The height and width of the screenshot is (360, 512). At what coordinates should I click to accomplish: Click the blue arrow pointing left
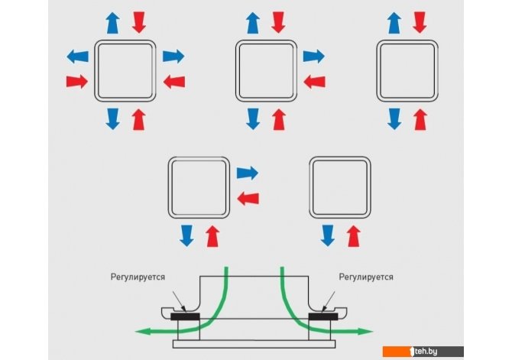pos(77,56)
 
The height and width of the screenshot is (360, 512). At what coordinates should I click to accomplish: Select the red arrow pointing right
pos(77,81)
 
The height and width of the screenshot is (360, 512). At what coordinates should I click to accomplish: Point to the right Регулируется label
pos(366,277)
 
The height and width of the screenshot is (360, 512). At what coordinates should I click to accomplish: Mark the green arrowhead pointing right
pos(367,332)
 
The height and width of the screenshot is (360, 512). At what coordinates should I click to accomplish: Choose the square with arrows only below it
pos(339,187)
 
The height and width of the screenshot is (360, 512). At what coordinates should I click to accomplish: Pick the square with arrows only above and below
pos(407,70)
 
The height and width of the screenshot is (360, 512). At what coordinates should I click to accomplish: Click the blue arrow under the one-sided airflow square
pos(326,234)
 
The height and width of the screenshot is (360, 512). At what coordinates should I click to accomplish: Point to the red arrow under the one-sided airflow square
pos(352,234)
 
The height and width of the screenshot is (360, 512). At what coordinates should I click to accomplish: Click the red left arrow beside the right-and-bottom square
pos(248,198)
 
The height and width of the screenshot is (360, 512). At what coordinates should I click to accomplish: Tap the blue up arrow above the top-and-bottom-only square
pos(394,22)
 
